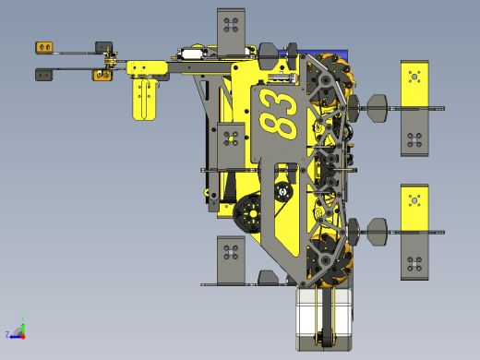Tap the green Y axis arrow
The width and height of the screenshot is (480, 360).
coord(23,326)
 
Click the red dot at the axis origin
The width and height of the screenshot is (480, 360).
coord(23,337)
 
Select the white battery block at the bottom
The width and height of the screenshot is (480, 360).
coord(324,318)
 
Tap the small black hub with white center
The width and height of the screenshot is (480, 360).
coord(283,192)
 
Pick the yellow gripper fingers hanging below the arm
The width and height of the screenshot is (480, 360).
coord(144,99)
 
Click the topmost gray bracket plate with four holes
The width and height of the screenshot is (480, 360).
coord(231,31)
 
